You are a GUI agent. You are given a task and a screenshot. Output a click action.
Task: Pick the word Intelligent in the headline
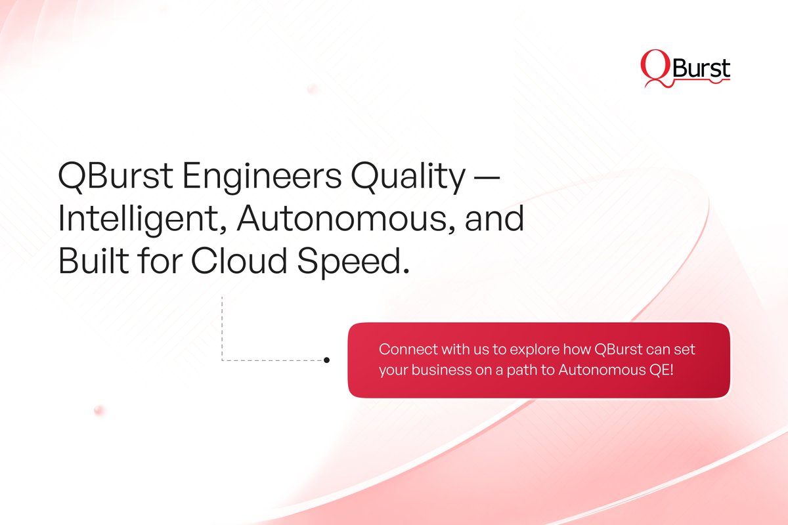pyautogui.click(x=139, y=220)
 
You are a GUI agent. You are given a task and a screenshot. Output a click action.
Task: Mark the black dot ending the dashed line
pyautogui.click(x=327, y=360)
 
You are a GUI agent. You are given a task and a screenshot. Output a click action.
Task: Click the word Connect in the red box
pyautogui.click(x=403, y=349)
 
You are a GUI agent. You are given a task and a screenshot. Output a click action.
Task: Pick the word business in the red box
pyautogui.click(x=437, y=370)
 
